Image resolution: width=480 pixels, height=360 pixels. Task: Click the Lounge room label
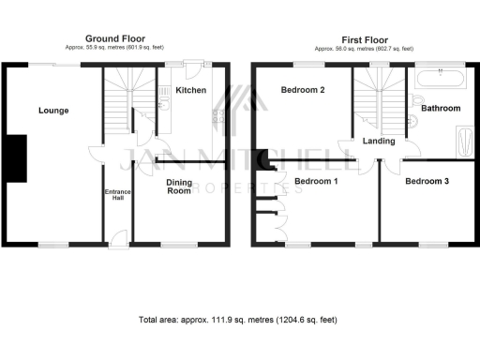tap(53, 111)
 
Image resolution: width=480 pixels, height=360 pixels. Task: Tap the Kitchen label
tap(190, 90)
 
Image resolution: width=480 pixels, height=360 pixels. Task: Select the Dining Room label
tap(179, 186)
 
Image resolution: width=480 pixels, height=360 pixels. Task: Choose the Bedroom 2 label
tap(303, 90)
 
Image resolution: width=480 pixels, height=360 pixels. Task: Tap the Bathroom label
tap(441, 109)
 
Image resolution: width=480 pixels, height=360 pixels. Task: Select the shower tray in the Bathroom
tap(464, 142)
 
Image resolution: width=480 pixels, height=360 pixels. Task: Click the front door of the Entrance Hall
tap(117, 242)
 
